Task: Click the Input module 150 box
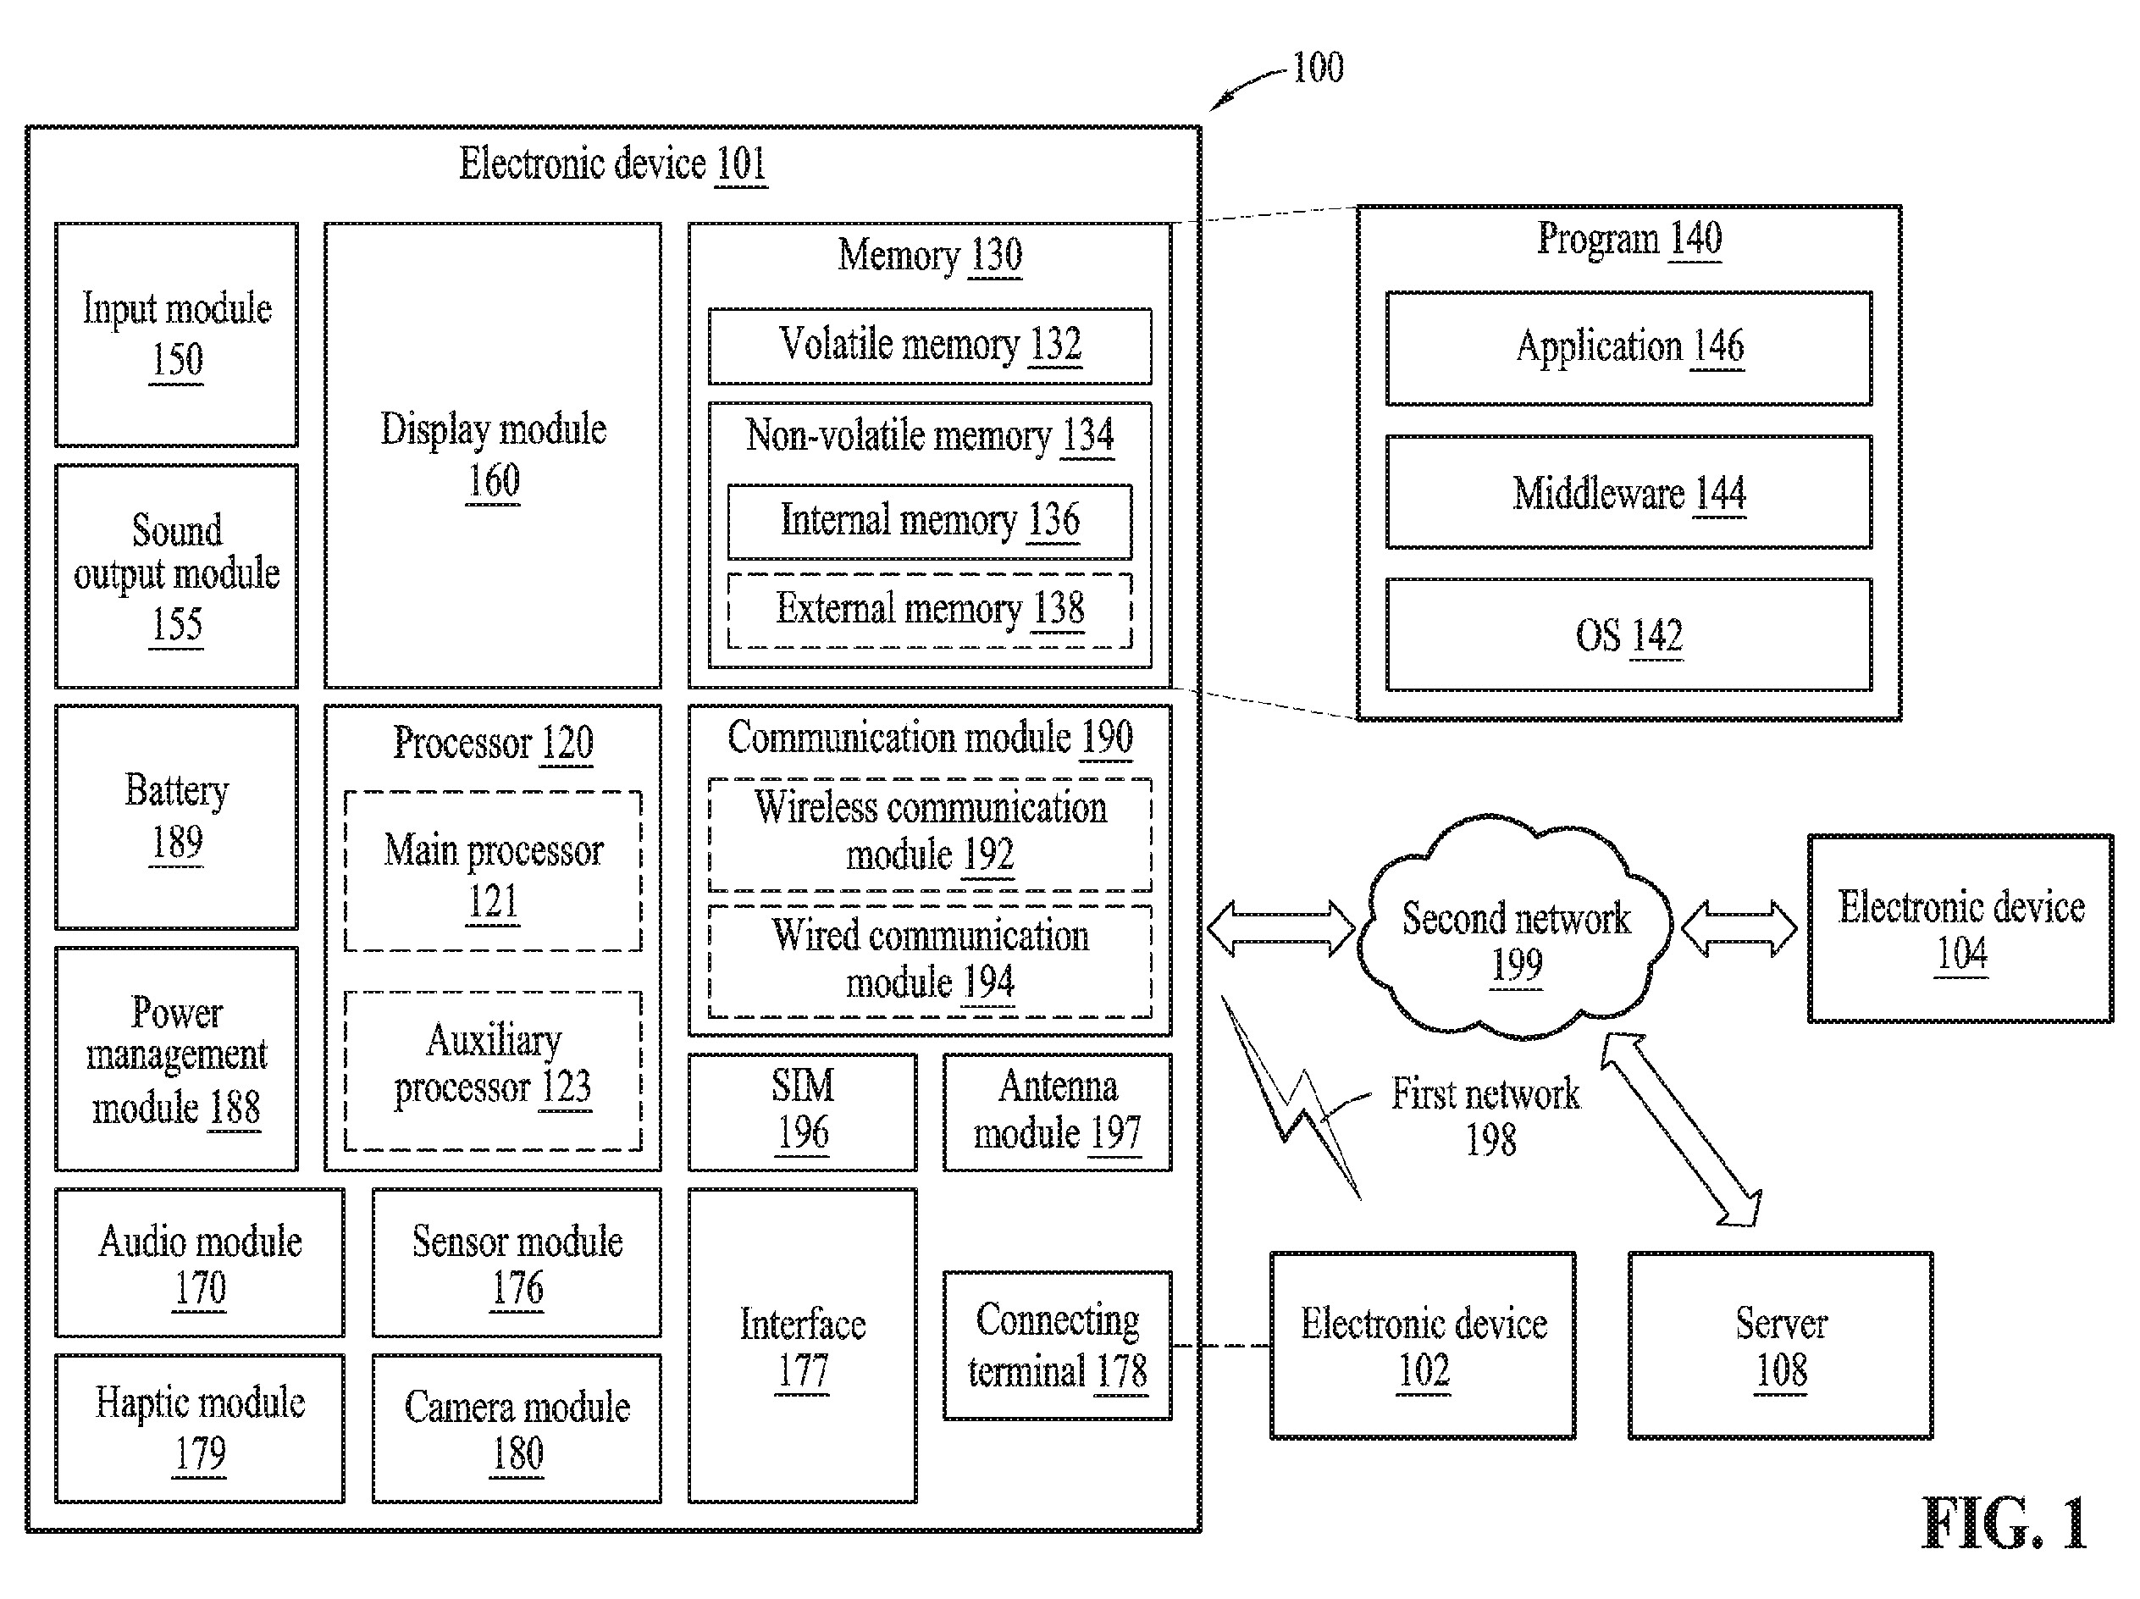[176, 335]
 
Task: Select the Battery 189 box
[176, 816]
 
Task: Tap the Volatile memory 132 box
[930, 346]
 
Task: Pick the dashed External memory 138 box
[930, 610]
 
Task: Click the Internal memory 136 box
[930, 522]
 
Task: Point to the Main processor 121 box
[494, 871]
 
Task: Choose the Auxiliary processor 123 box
[494, 1071]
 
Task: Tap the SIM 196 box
[802, 1112]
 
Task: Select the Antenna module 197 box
[1058, 1112]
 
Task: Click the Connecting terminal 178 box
[1058, 1346]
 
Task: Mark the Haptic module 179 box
[199, 1428]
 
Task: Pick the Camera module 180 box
[517, 1428]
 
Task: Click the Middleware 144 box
[1629, 492]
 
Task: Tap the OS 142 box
[1629, 634]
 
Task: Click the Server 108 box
[1780, 1346]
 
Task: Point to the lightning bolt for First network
[1291, 1097]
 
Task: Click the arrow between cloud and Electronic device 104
[1739, 928]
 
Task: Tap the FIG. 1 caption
[2004, 1524]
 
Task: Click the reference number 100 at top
[1318, 68]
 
